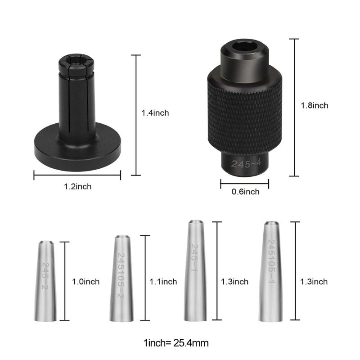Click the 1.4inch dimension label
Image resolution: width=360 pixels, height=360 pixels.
pyautogui.click(x=155, y=113)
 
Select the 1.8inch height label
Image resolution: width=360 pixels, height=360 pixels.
pyautogui.click(x=314, y=105)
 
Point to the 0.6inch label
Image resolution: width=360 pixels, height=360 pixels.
pyautogui.click(x=245, y=192)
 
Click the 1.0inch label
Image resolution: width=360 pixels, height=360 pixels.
pyautogui.click(x=85, y=282)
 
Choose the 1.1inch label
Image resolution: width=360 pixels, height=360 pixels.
pyautogui.click(x=163, y=282)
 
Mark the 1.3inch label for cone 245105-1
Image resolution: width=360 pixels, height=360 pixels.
pyautogui.click(x=314, y=282)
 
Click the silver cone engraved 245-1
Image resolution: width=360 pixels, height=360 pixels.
pyautogui.click(x=194, y=270)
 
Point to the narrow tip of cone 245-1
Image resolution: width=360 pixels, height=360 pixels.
pyautogui.click(x=194, y=223)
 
